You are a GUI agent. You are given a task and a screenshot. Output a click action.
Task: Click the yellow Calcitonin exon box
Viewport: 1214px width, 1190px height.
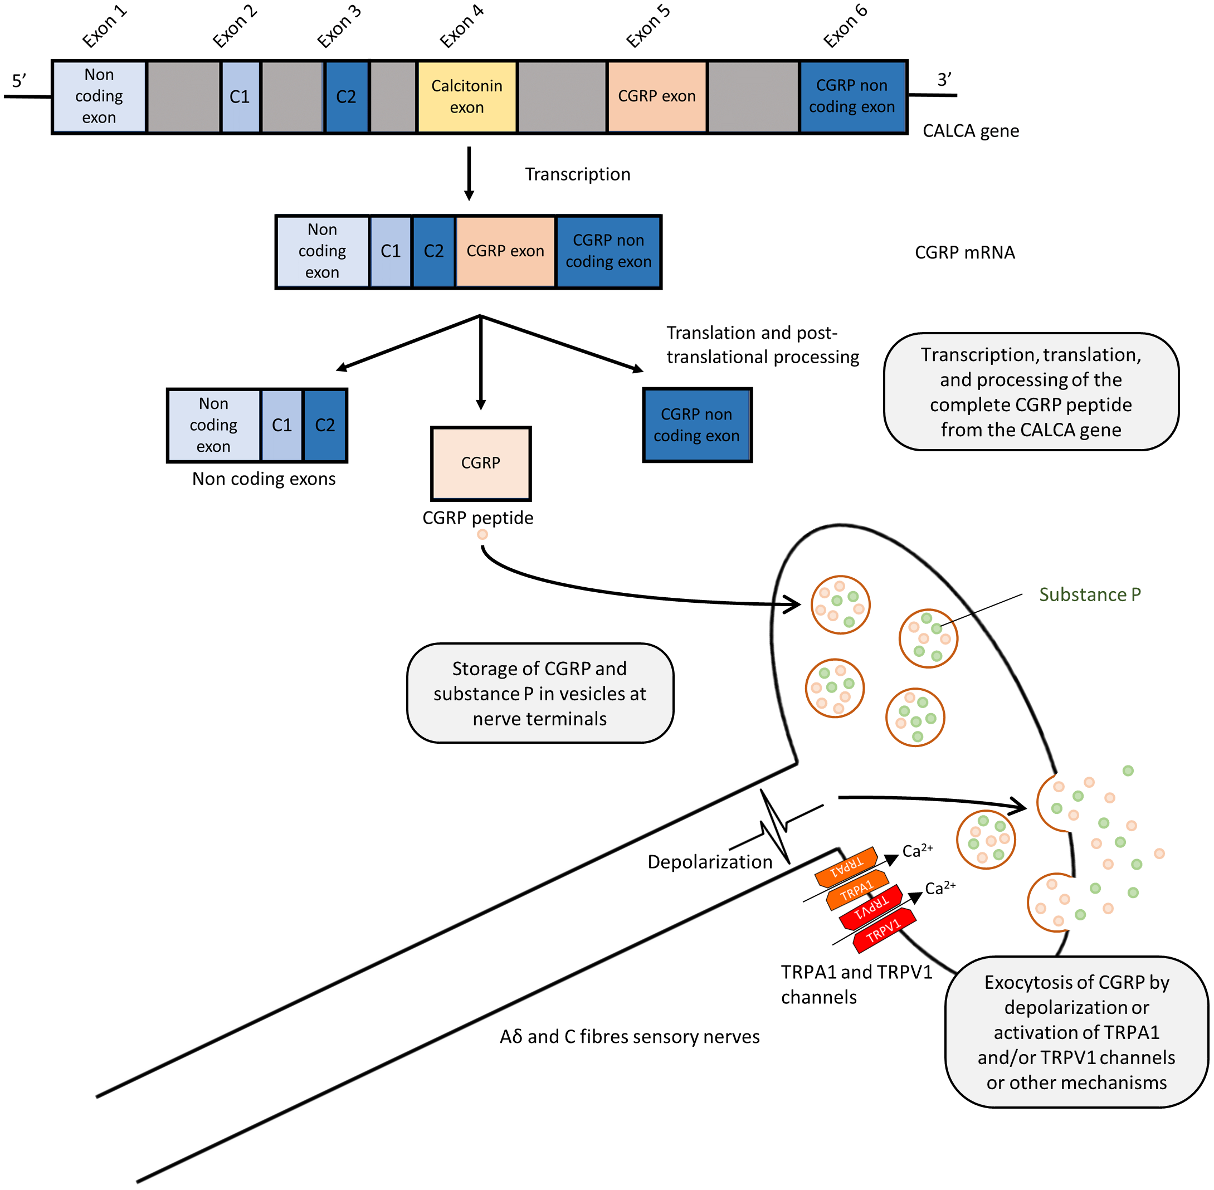pyautogui.click(x=466, y=96)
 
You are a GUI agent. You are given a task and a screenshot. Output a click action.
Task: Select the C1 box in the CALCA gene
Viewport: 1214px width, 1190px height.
pyautogui.click(x=240, y=96)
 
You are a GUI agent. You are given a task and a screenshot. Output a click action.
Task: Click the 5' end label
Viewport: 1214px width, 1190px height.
pyautogui.click(x=19, y=81)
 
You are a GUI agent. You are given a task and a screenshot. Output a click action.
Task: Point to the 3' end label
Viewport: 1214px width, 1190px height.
pyautogui.click(x=943, y=79)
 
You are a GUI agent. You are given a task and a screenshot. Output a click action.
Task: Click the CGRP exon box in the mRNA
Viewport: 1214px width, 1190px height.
pyautogui.click(x=505, y=251)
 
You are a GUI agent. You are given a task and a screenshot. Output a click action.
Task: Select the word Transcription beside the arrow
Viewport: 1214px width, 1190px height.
pyautogui.click(x=577, y=174)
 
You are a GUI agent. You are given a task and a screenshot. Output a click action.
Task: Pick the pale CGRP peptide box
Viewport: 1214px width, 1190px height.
pyautogui.click(x=480, y=463)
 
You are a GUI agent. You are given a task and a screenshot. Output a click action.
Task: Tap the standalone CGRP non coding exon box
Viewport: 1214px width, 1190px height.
pyautogui.click(x=696, y=425)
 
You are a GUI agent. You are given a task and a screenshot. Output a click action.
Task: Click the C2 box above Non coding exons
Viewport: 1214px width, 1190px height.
pyautogui.click(x=324, y=425)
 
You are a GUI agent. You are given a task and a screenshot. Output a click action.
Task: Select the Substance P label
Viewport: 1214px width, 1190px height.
pyautogui.click(x=1089, y=594)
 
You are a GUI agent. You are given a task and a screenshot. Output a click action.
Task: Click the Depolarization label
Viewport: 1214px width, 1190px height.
pyautogui.click(x=710, y=862)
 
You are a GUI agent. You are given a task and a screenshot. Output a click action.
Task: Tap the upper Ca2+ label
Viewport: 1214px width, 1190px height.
pyautogui.click(x=916, y=851)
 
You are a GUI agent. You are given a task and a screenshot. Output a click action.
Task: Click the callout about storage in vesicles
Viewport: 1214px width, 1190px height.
pyautogui.click(x=539, y=693)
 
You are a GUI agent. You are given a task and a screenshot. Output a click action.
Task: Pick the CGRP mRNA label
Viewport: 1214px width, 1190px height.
pyautogui.click(x=964, y=252)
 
